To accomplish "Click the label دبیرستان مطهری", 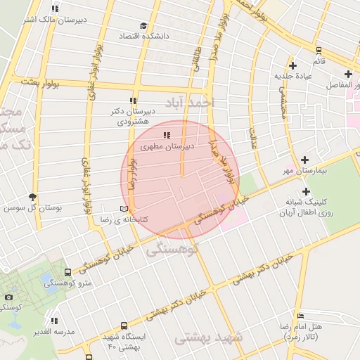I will [x=162, y=148].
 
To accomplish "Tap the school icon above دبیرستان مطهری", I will [x=166, y=135].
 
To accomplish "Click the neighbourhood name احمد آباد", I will [x=188, y=103].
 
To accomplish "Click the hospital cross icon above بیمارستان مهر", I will [x=304, y=160].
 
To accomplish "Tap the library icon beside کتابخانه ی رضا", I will [x=124, y=210].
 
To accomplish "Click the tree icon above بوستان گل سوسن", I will [x=32, y=197].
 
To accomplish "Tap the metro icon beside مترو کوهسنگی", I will [x=67, y=272].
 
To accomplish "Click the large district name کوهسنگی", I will [x=173, y=249].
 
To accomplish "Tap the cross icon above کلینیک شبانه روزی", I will [x=306, y=191].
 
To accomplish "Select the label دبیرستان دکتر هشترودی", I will [x=132, y=116].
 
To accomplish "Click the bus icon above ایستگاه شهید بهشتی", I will [x=124, y=326].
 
